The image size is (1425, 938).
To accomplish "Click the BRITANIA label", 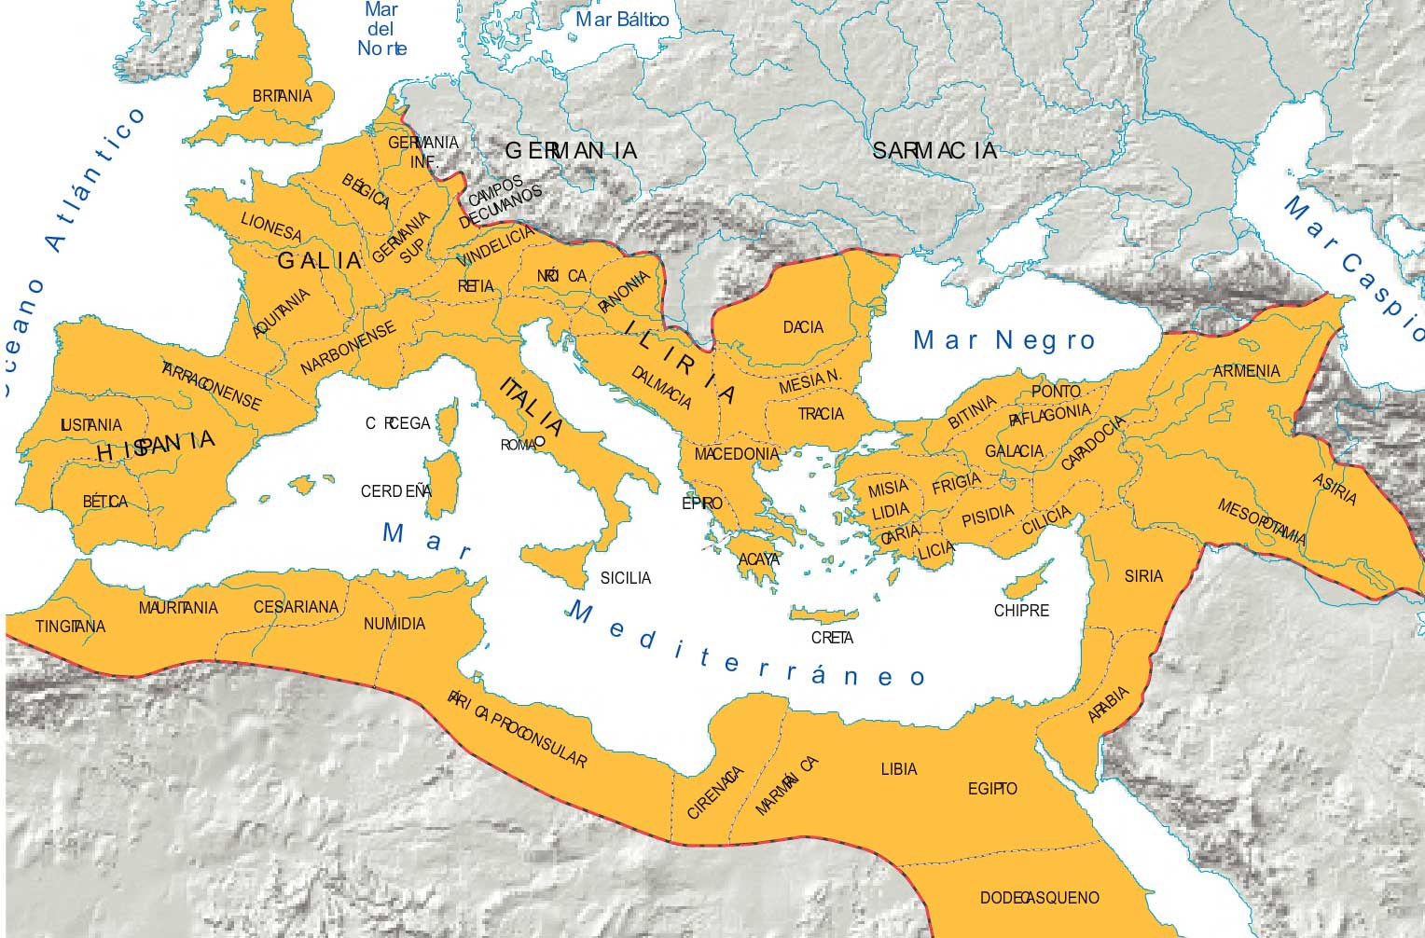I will pyautogui.click(x=282, y=96).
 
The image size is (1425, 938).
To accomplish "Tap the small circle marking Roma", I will pyautogui.click(x=539, y=442).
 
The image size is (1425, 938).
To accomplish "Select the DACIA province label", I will pyautogui.click(x=803, y=327).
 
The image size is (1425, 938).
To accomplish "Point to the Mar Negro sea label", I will pyautogui.click(x=1003, y=340).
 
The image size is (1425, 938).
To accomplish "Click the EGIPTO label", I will pyautogui.click(x=992, y=789).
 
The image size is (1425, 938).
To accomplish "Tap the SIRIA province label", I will pyautogui.click(x=1143, y=576).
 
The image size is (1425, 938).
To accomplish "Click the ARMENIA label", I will pyautogui.click(x=1246, y=371).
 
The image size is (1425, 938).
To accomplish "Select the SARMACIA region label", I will pyautogui.click(x=934, y=150).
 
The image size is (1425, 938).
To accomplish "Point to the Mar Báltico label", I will pyautogui.click(x=621, y=20).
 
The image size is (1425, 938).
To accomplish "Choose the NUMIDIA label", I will pyautogui.click(x=394, y=624).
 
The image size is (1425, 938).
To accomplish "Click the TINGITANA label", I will pyautogui.click(x=70, y=627).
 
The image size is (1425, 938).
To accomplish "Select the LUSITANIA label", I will pyautogui.click(x=90, y=425).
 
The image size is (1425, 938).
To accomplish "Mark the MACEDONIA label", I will pyautogui.click(x=736, y=454).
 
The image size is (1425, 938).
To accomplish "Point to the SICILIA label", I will pyautogui.click(x=625, y=578).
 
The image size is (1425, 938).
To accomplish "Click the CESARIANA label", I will pyautogui.click(x=296, y=607).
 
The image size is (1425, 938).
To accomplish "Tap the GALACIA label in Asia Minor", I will pyautogui.click(x=1014, y=451).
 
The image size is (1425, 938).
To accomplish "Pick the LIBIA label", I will pyautogui.click(x=898, y=769).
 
